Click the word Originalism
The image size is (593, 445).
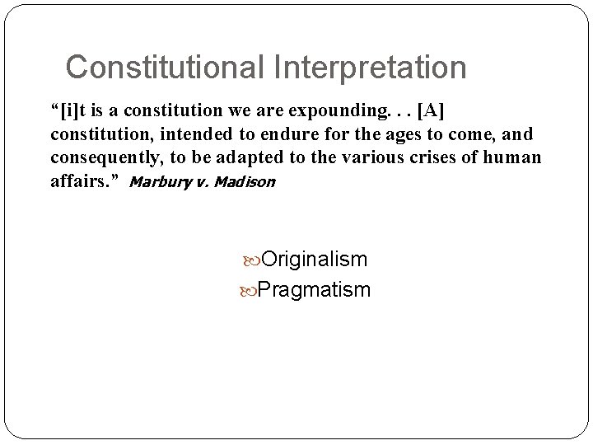pyautogui.click(x=313, y=260)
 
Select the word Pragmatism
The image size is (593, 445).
pyautogui.click(x=314, y=289)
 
